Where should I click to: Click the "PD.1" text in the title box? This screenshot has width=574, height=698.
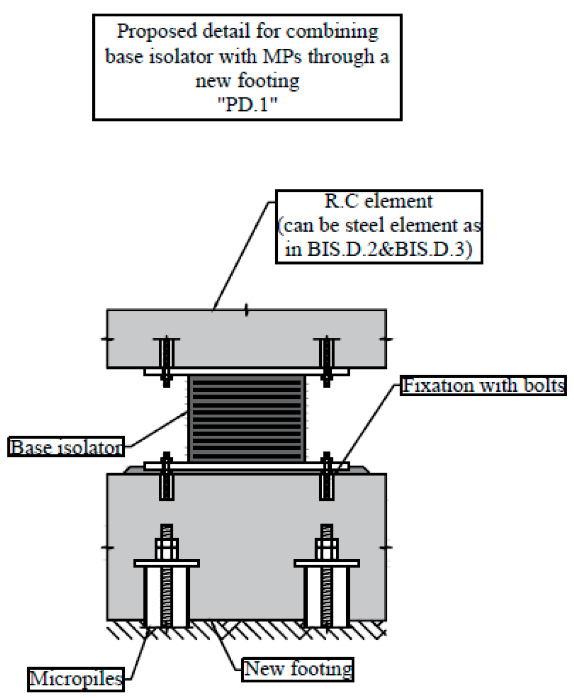click(x=247, y=105)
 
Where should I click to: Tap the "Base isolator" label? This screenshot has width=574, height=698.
click(x=66, y=447)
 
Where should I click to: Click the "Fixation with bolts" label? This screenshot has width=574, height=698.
click(x=483, y=386)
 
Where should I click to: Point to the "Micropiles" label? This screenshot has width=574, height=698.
click(x=76, y=679)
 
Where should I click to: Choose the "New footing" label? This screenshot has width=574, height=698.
click(x=298, y=669)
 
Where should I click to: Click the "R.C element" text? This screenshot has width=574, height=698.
click(x=378, y=201)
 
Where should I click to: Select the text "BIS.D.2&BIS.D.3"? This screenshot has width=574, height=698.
click(x=385, y=249)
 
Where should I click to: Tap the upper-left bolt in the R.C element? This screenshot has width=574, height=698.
click(x=167, y=361)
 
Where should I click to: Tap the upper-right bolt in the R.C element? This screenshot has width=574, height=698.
click(x=327, y=361)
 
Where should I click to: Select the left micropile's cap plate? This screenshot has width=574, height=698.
click(x=167, y=563)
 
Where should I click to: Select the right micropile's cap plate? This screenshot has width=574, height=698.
click(x=327, y=563)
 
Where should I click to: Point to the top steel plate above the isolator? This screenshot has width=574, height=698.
click(x=246, y=372)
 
